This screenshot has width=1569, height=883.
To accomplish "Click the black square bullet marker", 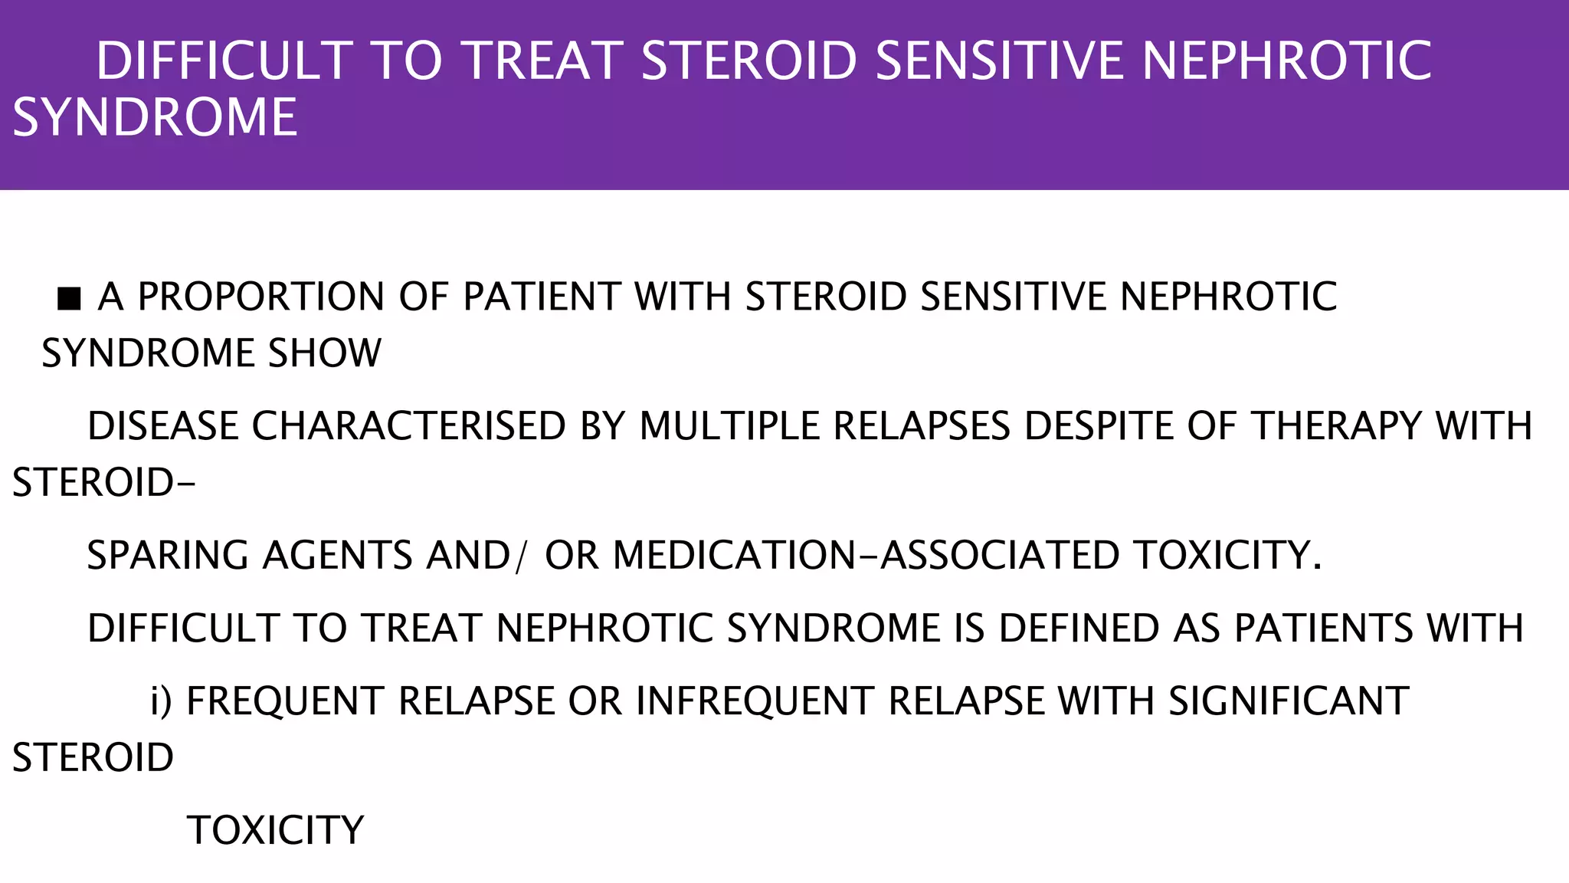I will click(x=69, y=298).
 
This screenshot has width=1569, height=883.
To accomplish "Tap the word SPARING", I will click(x=168, y=556).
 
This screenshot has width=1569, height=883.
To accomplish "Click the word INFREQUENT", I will click(x=755, y=701).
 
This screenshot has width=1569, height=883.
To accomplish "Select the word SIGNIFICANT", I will click(x=1289, y=701).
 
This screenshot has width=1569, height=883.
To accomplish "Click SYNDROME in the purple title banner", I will click(x=155, y=118).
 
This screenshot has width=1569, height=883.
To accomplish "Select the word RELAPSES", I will click(x=922, y=426).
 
